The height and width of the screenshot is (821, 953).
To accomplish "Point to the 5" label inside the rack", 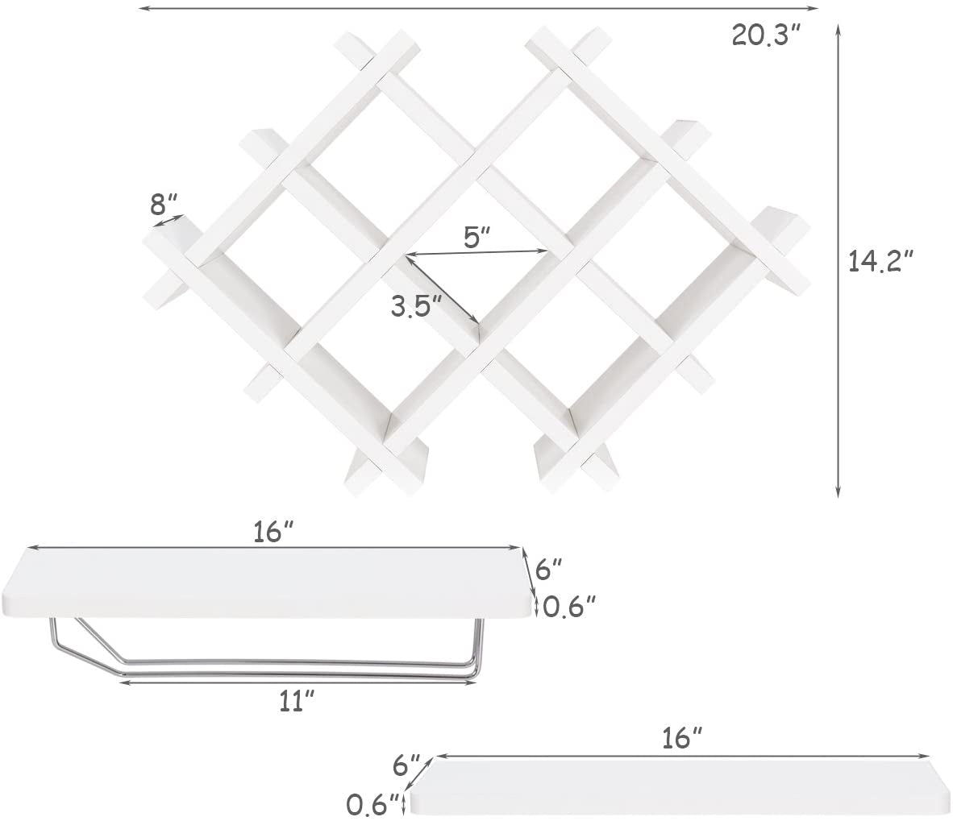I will click(476, 237).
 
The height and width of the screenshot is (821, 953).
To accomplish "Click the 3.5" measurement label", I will click(416, 305).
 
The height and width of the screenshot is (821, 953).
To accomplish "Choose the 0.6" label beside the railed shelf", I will click(569, 605).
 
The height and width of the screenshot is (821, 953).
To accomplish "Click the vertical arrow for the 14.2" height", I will click(839, 260).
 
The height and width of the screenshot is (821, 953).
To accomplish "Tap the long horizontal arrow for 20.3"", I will click(479, 8).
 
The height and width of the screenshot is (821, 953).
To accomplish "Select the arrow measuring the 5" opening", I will click(477, 254).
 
